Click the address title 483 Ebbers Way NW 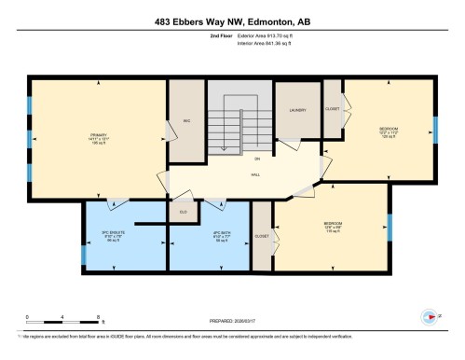232,21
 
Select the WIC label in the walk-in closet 186,121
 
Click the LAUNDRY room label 297,110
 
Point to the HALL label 254,174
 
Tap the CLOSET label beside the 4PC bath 262,237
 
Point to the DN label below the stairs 231,158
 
